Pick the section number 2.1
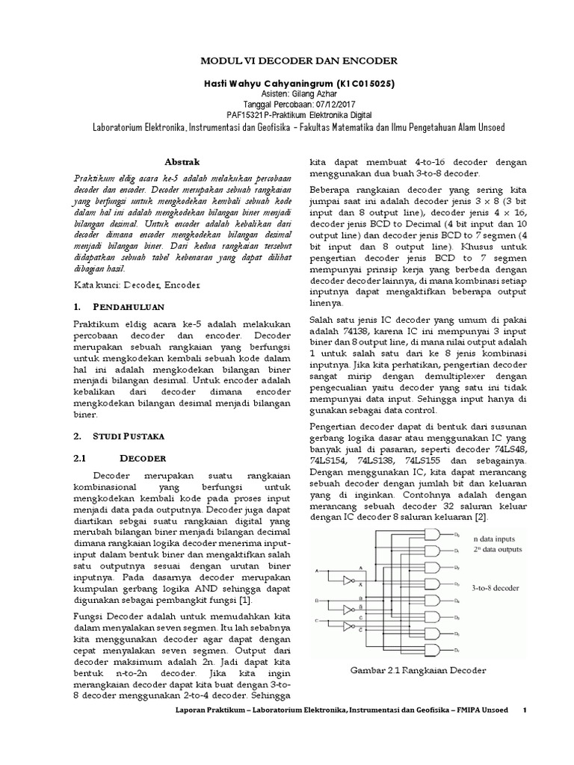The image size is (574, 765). tap(81, 457)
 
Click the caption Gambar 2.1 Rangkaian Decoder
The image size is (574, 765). tap(419, 670)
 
